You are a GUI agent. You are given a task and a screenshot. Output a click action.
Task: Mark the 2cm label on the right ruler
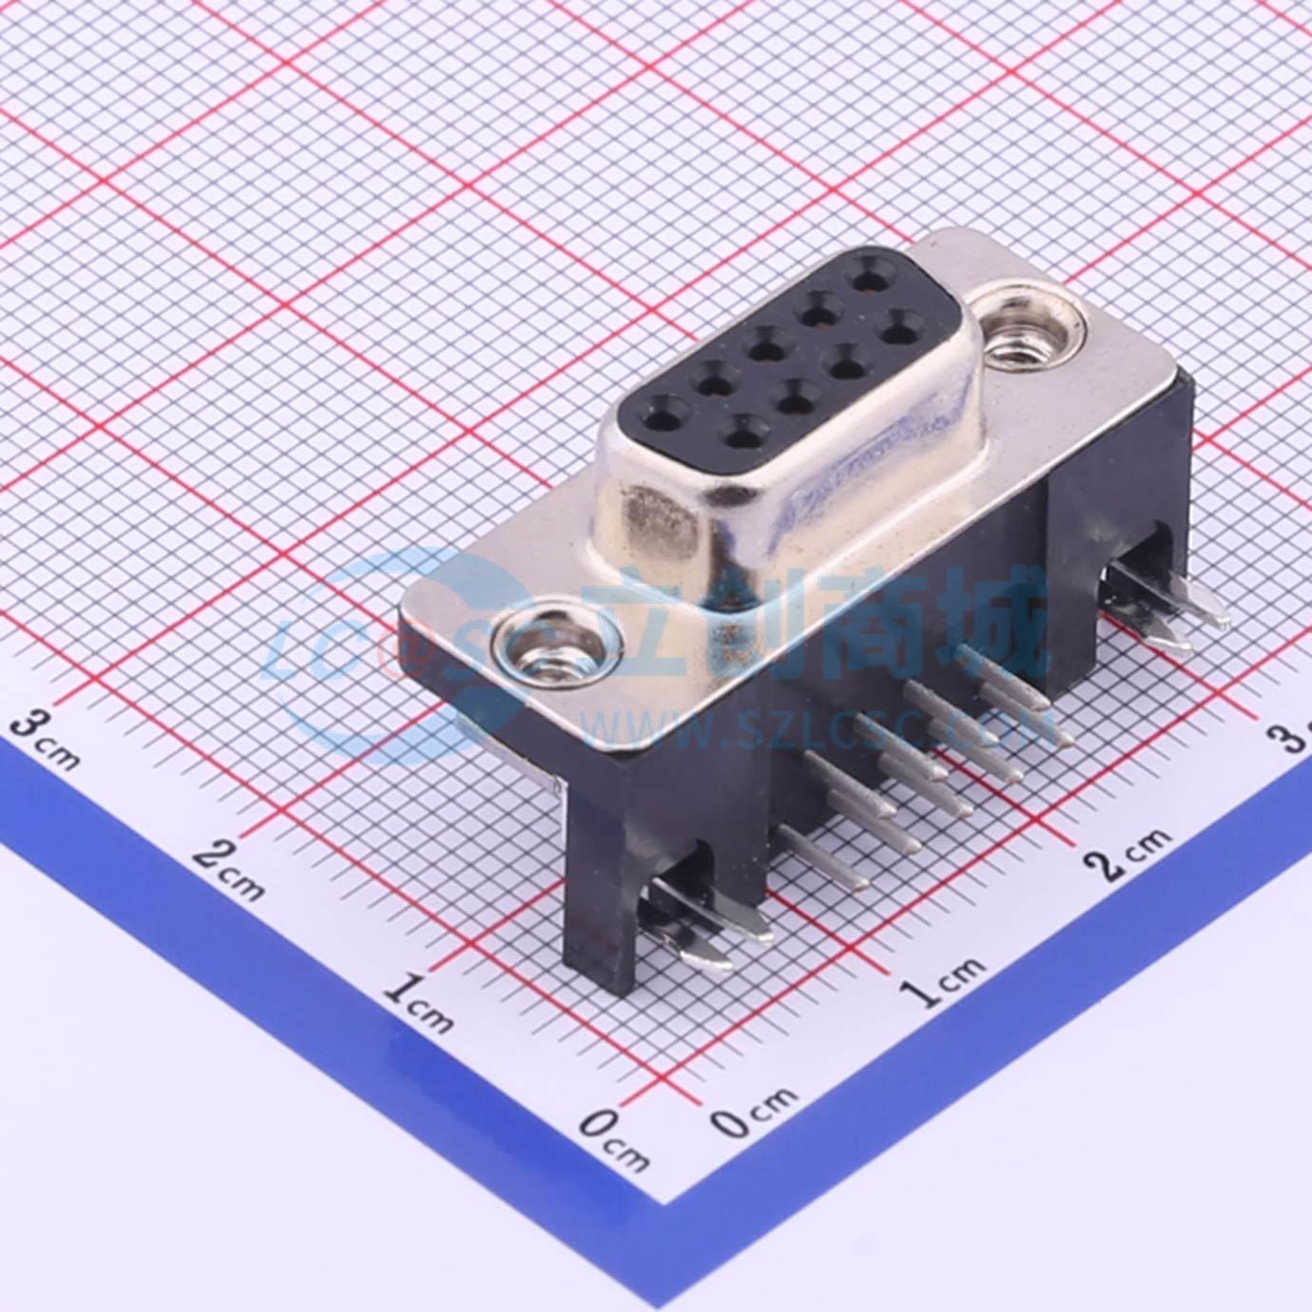pos(1127,855)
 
